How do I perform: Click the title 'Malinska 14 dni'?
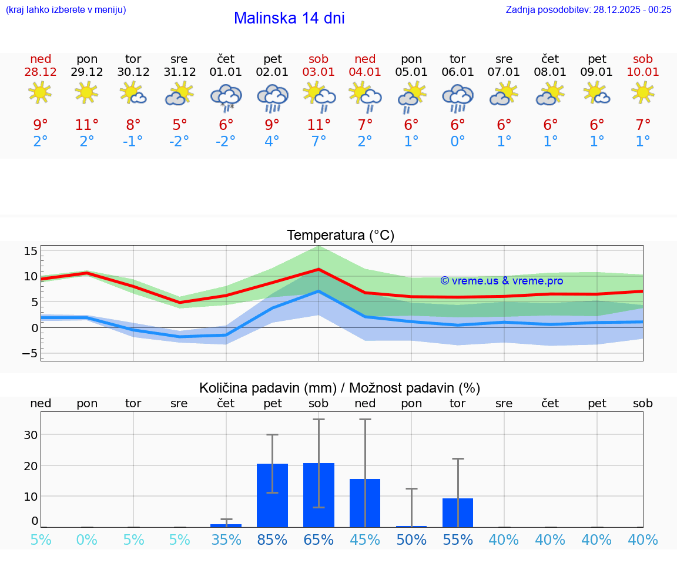[289, 18]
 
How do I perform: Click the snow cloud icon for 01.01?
[226, 97]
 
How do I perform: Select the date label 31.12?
[180, 72]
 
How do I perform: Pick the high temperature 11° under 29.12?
[87, 125]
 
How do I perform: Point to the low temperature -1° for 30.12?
[133, 142]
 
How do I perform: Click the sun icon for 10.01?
[643, 92]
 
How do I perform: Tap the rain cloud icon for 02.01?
[273, 97]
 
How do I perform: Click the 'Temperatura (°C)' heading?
[341, 236]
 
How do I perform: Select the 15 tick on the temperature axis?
[31, 251]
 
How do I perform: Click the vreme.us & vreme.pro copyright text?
[501, 281]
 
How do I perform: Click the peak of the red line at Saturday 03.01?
[319, 269]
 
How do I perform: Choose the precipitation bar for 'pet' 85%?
[273, 495]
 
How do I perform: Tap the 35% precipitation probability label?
[226, 540]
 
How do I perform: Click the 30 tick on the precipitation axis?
[31, 435]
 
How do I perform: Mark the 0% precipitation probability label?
[87, 540]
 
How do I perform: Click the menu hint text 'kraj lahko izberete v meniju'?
[66, 9]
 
